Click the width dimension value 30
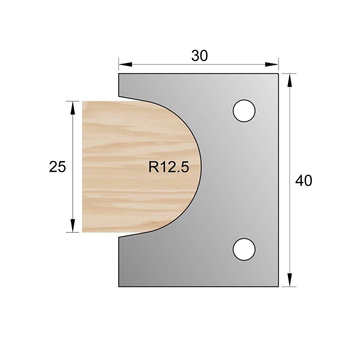(x=199, y=56)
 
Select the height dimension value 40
(x=303, y=180)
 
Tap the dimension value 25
(x=57, y=166)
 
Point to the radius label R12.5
(x=168, y=167)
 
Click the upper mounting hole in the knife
(x=244, y=110)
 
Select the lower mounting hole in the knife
(x=244, y=248)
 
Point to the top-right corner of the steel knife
(x=278, y=74)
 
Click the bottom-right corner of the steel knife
(x=278, y=287)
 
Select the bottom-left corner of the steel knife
(x=118, y=287)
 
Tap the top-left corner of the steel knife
(x=118, y=74)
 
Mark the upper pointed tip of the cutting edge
(x=119, y=96)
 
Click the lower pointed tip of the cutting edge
(x=119, y=237)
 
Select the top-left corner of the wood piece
(x=82, y=101)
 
